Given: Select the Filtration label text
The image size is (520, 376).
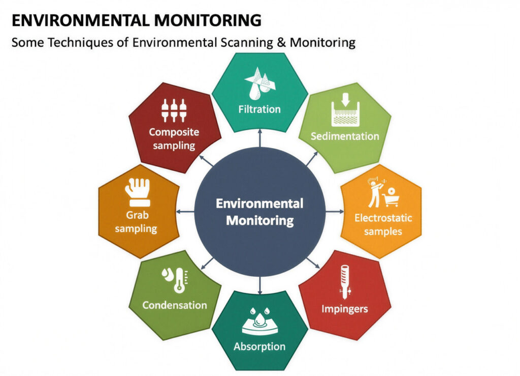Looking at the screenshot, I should [259, 109].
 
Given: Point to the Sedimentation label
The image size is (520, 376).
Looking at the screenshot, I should [345, 136].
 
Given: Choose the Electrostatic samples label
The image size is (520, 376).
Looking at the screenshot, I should [383, 224].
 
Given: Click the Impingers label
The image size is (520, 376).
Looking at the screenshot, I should [345, 309].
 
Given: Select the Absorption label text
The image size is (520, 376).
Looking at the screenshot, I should [259, 346].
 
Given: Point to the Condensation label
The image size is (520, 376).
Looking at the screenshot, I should [174, 305].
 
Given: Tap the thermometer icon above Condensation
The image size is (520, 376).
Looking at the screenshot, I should [175, 280].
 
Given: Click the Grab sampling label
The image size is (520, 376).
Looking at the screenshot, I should [136, 221].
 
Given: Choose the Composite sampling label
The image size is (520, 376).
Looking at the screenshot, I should [174, 138].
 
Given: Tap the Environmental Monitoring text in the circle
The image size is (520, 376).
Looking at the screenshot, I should [259, 212].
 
